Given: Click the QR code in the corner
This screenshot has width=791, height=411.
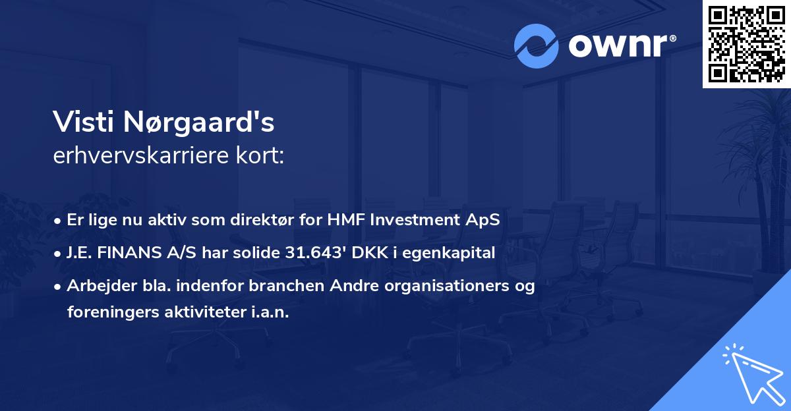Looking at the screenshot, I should (x=746, y=44).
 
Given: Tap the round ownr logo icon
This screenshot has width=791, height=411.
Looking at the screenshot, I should (x=537, y=46).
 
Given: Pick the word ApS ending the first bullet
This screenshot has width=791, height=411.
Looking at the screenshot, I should (x=484, y=221).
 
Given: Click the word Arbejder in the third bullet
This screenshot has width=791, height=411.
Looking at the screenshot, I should (x=95, y=286).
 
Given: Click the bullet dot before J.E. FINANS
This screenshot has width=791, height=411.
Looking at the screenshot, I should (x=59, y=253).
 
